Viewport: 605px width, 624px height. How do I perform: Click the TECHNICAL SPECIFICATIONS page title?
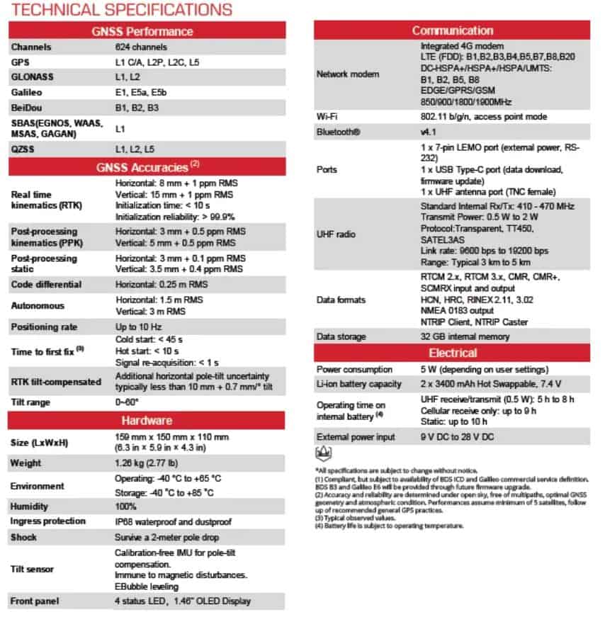(120, 10)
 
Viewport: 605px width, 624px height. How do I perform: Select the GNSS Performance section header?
(147, 31)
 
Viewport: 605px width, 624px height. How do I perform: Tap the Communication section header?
(452, 31)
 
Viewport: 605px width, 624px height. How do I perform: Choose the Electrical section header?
(452, 353)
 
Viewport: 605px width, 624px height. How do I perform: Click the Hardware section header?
(147, 421)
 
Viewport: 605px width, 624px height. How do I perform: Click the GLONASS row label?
(33, 76)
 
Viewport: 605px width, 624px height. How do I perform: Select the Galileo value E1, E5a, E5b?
(140, 92)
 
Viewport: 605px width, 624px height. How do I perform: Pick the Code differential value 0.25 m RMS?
(162, 285)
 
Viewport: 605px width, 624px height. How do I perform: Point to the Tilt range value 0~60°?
(128, 402)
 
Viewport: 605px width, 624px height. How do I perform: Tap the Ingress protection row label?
(47, 522)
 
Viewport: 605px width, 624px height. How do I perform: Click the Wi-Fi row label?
(327, 117)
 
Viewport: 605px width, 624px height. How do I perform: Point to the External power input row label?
(356, 437)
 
